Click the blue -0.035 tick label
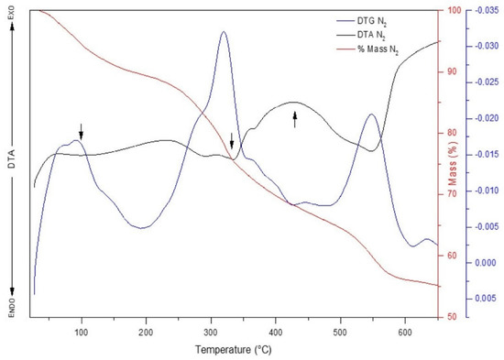click(x=485, y=11)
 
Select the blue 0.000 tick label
click(x=485, y=263)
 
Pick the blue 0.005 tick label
click(x=485, y=299)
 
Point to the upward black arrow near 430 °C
click(x=294, y=118)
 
